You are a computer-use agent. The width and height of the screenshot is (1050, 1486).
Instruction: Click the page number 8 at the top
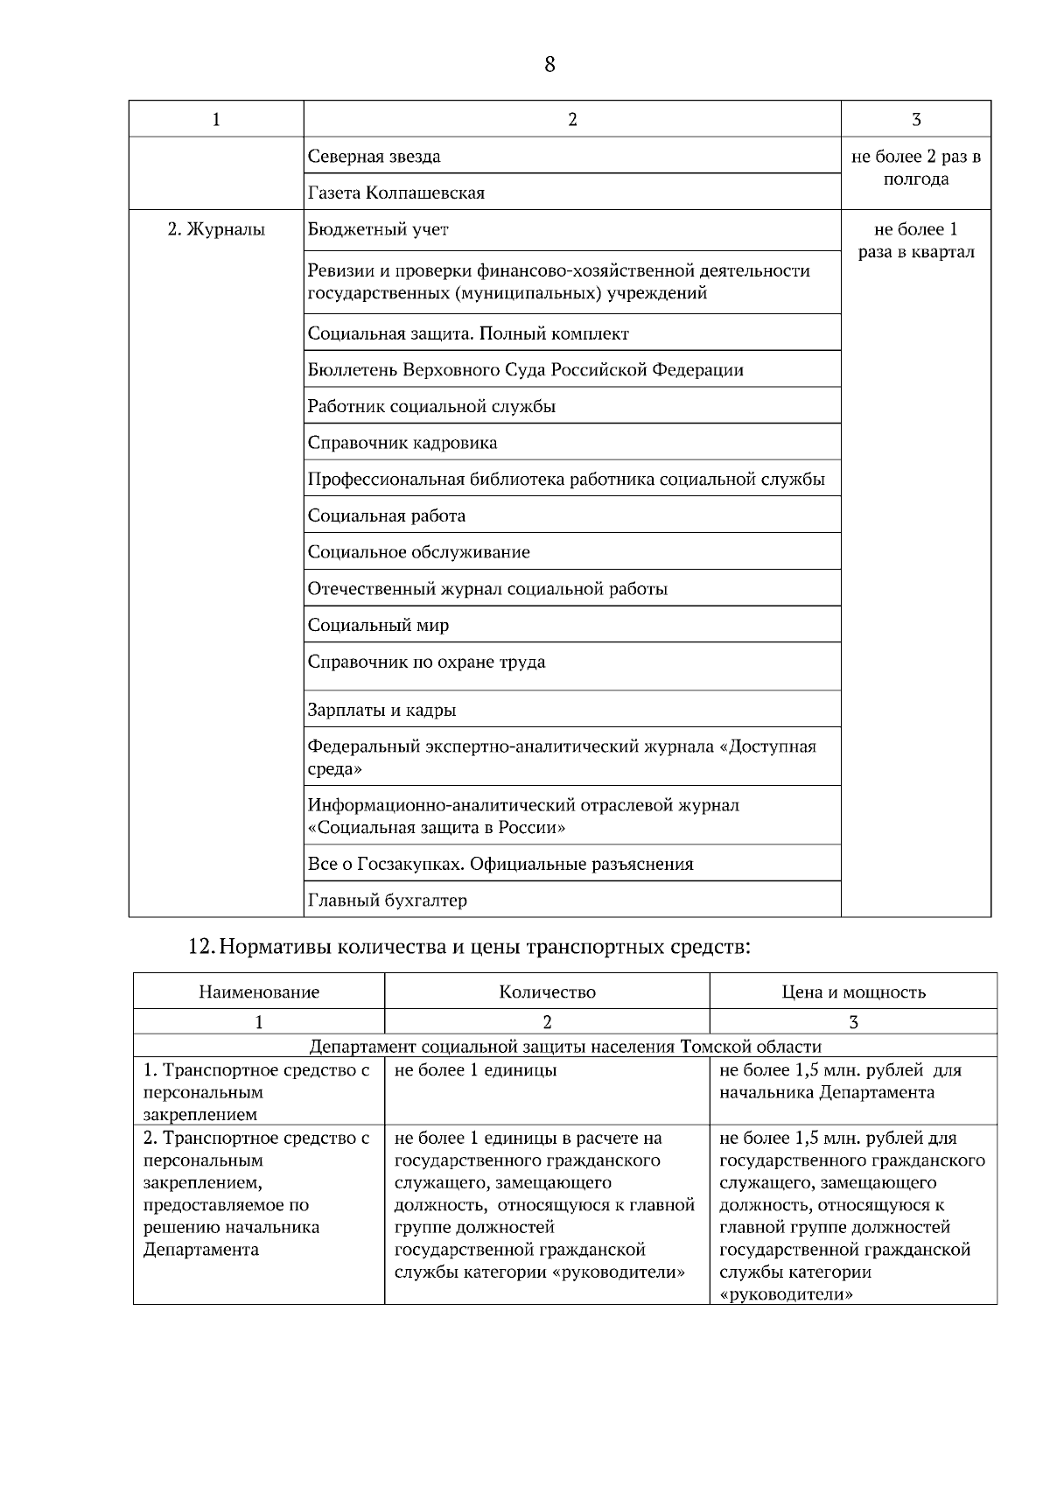coord(549,65)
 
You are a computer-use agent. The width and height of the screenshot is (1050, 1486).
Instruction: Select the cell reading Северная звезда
coord(374,157)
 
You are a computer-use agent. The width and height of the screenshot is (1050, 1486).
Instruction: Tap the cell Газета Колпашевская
coord(396,193)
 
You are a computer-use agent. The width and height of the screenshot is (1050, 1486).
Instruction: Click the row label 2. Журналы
coord(216,230)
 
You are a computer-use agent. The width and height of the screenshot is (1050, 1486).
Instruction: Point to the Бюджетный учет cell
coord(378,230)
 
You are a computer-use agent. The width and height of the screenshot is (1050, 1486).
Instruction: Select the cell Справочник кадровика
coord(402,443)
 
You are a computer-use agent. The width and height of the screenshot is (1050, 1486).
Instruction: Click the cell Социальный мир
coord(378,625)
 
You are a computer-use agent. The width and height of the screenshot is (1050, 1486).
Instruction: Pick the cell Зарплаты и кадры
coord(381,710)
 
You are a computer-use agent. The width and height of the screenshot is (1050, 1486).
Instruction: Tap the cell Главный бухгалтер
coord(387,900)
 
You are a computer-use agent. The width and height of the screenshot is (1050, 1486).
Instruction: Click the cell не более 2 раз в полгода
coord(915,168)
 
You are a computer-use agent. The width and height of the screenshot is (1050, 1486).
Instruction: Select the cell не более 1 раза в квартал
coord(915,241)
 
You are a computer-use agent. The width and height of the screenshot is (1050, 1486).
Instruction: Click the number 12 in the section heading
coord(200,946)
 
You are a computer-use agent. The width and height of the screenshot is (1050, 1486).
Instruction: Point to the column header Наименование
coord(259,992)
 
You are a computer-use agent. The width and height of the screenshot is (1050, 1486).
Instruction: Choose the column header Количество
coord(547,992)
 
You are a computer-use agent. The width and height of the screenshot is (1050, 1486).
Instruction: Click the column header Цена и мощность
coord(853,992)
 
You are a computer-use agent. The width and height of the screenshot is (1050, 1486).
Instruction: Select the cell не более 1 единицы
coord(476,1069)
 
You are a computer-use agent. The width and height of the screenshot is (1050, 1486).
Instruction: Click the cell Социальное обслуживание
coord(418,552)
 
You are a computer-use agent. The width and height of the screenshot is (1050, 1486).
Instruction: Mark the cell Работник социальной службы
coord(431,406)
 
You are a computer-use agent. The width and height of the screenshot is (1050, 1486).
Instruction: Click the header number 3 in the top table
coord(915,120)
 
